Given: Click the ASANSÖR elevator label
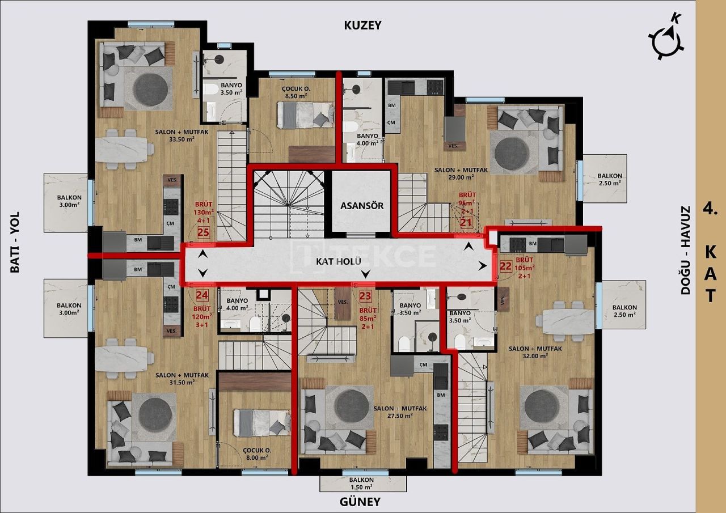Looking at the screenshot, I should click(x=361, y=206).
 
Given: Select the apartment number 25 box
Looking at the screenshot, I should click(x=203, y=232).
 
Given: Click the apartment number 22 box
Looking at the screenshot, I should click(x=506, y=265).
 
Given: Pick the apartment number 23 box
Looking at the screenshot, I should click(x=365, y=295).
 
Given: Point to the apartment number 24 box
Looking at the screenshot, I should click(x=202, y=295).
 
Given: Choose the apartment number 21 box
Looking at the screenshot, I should click(x=466, y=223).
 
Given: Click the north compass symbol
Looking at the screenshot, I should click(x=667, y=38).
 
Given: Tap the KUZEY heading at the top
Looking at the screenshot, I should click(x=362, y=26).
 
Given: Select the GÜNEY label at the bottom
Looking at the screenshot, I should click(x=360, y=502).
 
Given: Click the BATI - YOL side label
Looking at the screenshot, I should click(x=15, y=242).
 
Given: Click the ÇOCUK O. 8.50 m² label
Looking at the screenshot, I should click(x=295, y=92).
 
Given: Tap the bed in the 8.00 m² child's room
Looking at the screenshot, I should click(x=261, y=422).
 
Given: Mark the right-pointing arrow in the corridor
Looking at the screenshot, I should click(x=482, y=265).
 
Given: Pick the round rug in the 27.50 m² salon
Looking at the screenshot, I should click(x=352, y=406).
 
